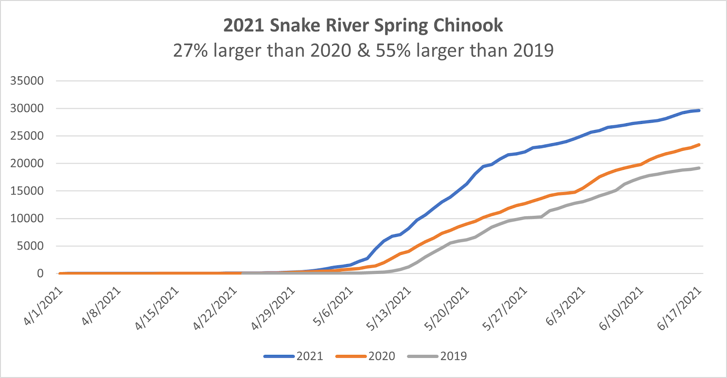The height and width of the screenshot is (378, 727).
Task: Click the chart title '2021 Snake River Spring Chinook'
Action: (x=363, y=25)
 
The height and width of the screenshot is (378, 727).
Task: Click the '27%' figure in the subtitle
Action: (x=190, y=50)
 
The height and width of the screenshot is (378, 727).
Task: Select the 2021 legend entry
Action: (x=294, y=356)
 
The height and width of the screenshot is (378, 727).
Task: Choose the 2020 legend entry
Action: (x=365, y=356)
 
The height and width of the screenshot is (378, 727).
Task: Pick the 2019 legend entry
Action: (x=437, y=356)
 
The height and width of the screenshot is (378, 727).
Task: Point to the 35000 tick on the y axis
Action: (x=27, y=81)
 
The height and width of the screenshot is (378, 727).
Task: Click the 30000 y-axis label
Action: (x=27, y=109)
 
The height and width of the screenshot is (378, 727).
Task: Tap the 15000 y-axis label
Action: (x=27, y=191)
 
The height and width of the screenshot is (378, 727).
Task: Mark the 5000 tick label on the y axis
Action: (x=30, y=246)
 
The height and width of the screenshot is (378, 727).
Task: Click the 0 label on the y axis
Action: (x=40, y=274)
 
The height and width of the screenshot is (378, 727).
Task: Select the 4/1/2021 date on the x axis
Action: (x=43, y=306)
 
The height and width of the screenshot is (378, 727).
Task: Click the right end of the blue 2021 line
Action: (x=699, y=110)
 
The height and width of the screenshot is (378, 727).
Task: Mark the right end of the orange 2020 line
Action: (x=699, y=145)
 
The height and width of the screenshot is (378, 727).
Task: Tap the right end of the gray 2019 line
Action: (x=699, y=168)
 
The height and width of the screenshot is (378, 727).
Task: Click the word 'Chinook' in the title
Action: (x=468, y=25)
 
